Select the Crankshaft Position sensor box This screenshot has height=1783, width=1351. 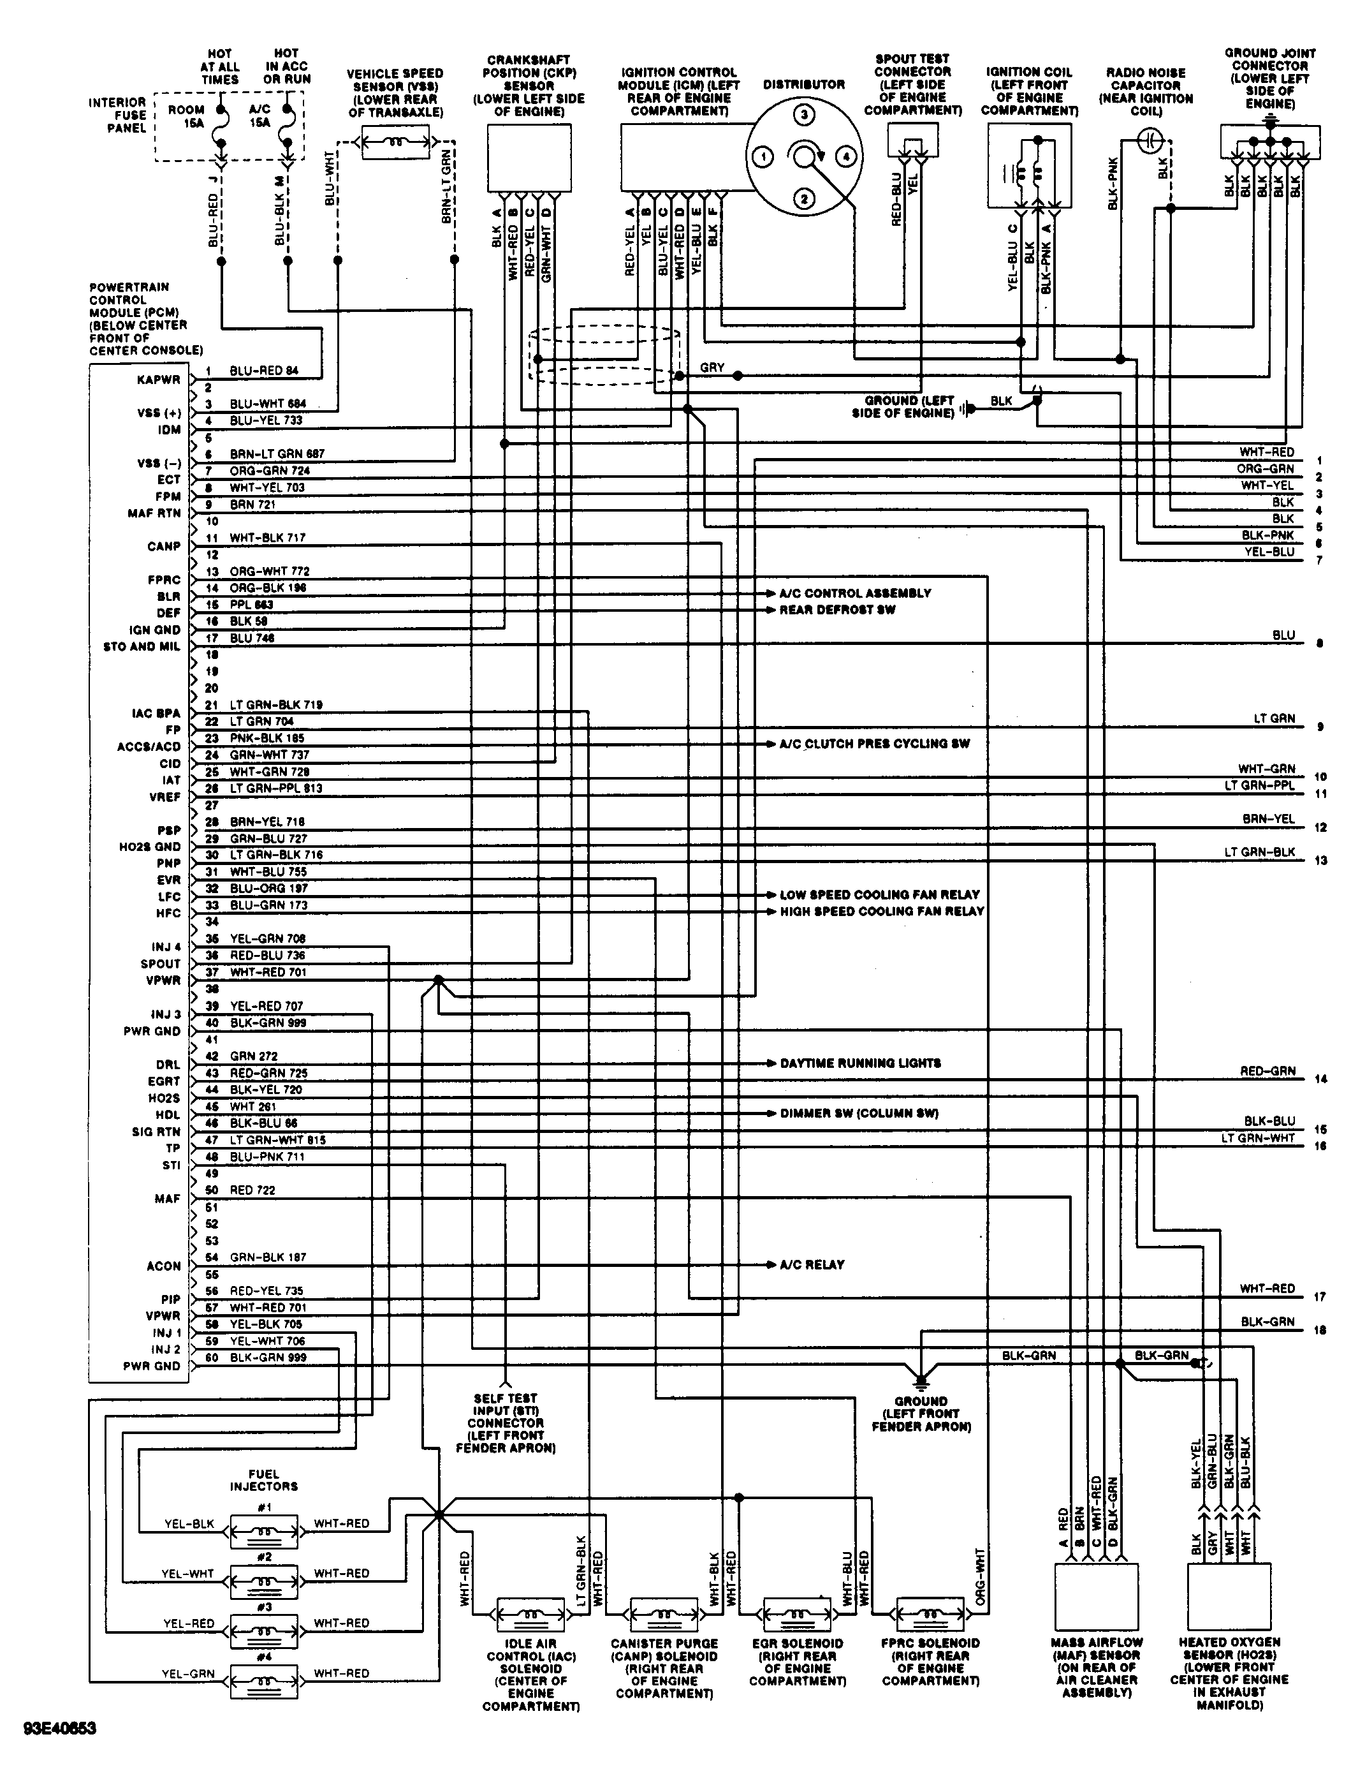(529, 158)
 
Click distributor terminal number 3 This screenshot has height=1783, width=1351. (803, 114)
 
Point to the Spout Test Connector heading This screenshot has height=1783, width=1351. (913, 84)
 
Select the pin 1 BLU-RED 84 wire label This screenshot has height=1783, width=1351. (264, 371)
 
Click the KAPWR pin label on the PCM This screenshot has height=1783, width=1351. (159, 380)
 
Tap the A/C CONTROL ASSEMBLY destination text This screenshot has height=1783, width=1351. (855, 593)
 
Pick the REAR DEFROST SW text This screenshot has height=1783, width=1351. (837, 610)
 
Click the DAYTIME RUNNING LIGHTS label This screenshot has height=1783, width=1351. (859, 1063)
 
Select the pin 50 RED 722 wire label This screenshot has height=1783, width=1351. (252, 1190)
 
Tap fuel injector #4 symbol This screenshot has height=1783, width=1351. (264, 1682)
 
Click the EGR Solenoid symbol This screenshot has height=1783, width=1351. (797, 1615)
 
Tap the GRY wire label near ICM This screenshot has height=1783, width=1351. (712, 367)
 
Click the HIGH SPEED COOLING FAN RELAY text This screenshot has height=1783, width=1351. (881, 912)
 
